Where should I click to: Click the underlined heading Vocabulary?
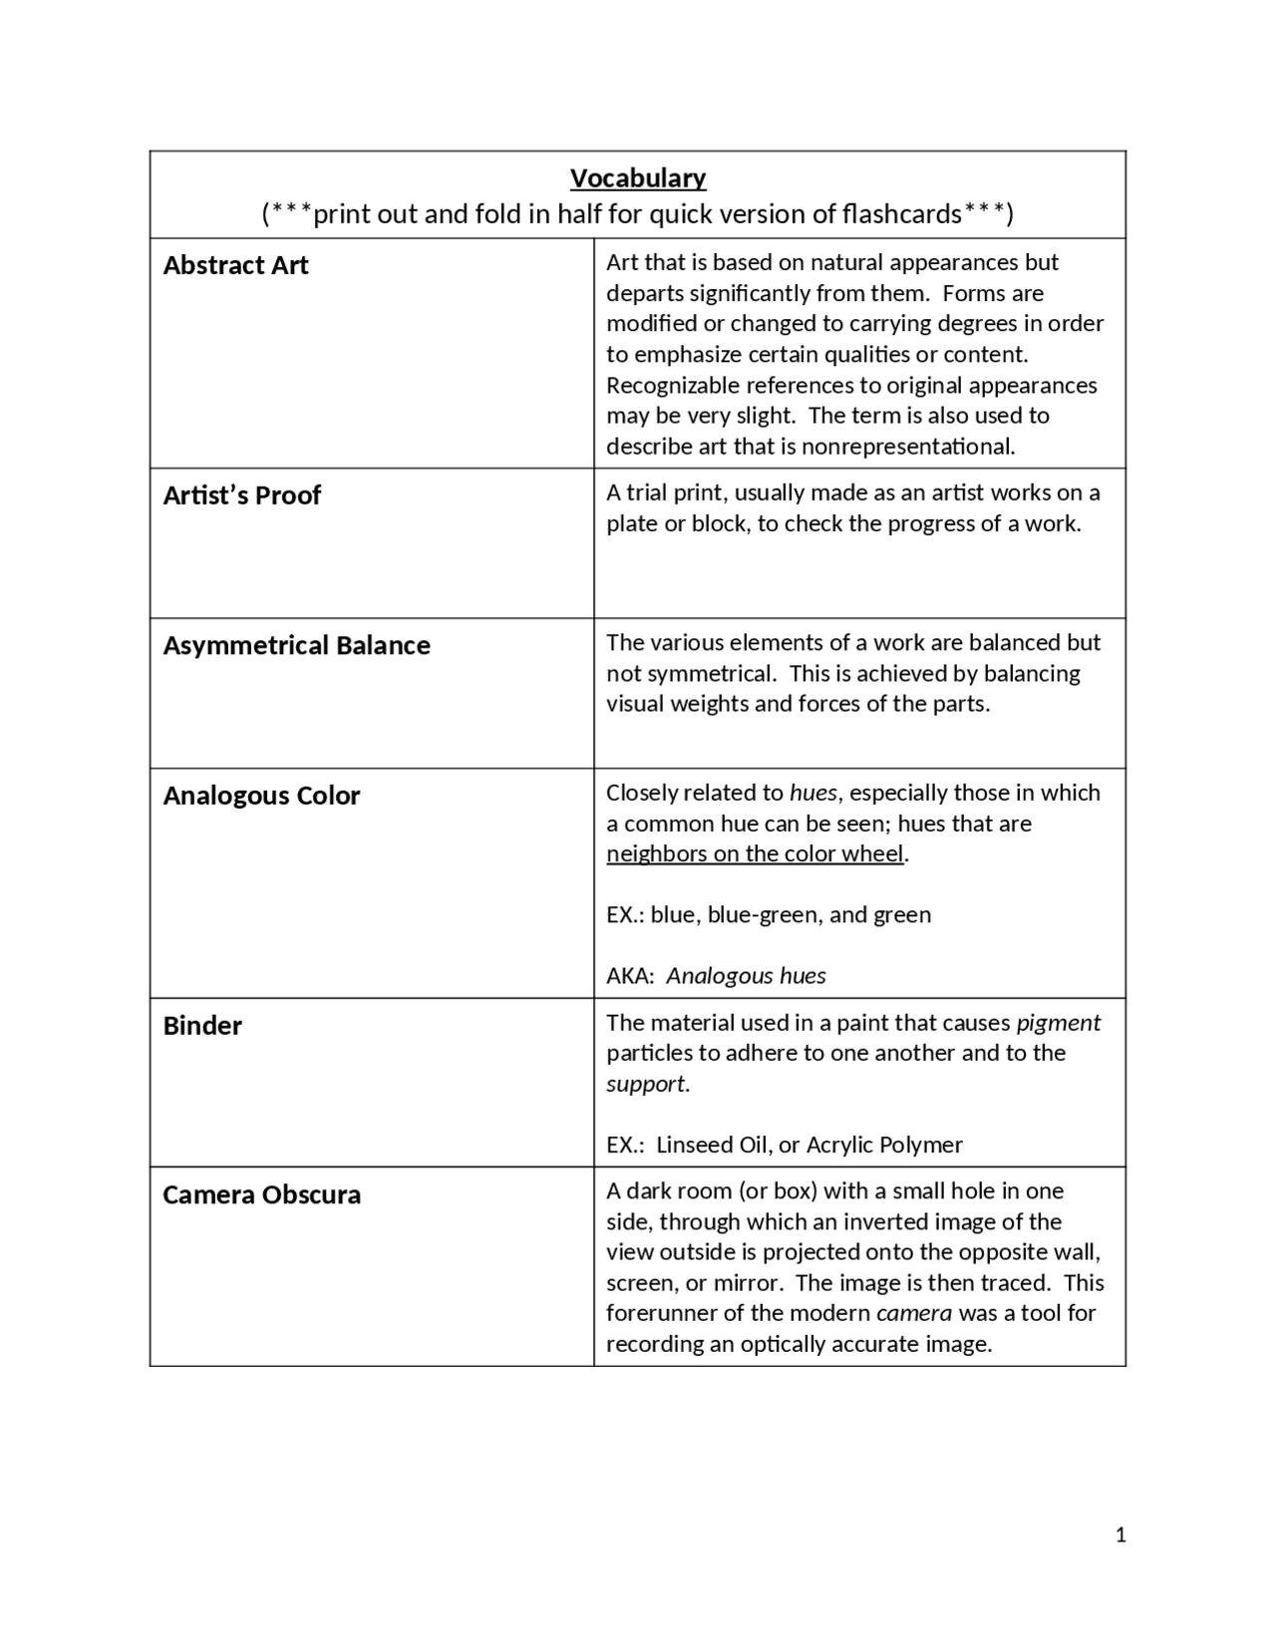coord(638,178)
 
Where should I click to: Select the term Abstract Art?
coord(236,265)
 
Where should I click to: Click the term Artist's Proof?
coord(242,495)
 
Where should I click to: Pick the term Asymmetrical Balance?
coord(297,646)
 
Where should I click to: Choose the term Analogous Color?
coord(261,796)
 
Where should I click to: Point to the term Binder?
coord(202,1026)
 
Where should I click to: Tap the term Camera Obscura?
coord(262,1195)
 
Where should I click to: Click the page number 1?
coord(1120,1535)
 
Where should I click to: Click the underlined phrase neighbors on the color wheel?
coord(755,854)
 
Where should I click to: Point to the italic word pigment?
coord(1058,1023)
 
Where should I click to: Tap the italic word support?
coord(645,1084)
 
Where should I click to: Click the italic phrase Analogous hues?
coord(746,976)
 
